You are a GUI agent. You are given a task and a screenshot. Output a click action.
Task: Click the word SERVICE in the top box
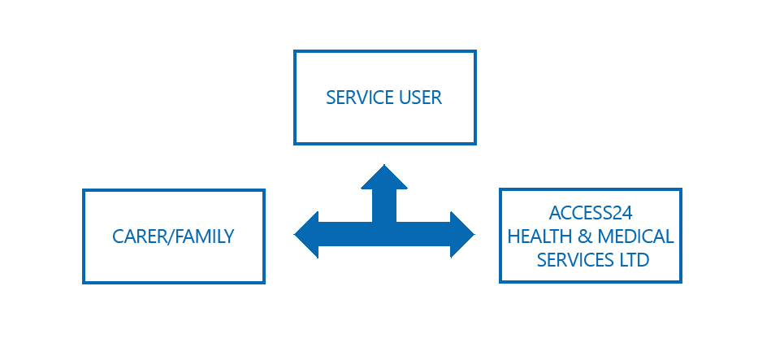(360, 98)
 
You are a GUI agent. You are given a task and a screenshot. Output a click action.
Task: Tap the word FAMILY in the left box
(204, 236)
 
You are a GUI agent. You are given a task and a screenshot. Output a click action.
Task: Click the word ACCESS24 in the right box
(591, 213)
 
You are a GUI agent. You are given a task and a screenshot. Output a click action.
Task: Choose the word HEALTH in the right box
(536, 236)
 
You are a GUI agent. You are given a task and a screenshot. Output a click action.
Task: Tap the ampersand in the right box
(581, 236)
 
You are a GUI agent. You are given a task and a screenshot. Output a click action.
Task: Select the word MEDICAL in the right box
(635, 236)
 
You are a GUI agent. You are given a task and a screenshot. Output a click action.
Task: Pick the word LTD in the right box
(631, 260)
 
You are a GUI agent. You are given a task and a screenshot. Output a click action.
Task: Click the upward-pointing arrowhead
(384, 177)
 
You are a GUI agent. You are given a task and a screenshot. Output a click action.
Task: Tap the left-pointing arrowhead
(306, 235)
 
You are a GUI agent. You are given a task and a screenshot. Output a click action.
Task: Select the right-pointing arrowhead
(462, 235)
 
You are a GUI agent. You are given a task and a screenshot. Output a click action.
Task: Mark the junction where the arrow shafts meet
(384, 234)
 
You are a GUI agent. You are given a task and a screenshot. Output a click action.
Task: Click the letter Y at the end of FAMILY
(229, 236)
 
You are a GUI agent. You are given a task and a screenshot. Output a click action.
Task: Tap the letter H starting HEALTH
(513, 236)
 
